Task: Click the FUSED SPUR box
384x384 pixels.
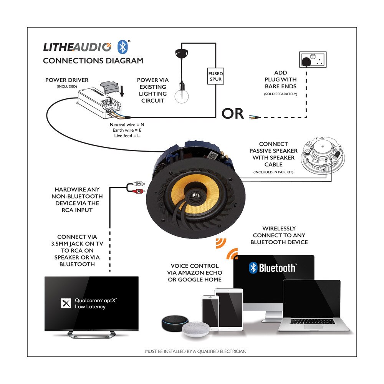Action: [215, 76]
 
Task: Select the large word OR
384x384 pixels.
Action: [233, 114]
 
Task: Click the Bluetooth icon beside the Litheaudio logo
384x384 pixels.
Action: [123, 46]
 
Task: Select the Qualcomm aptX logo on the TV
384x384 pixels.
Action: [66, 303]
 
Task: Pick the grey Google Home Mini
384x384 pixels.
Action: [195, 329]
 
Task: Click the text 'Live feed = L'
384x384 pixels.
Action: [127, 136]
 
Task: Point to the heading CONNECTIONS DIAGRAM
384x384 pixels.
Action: [93, 61]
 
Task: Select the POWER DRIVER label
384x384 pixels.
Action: [67, 80]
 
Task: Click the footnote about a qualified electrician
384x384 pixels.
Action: [195, 351]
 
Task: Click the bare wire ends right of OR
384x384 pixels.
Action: [254, 117]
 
